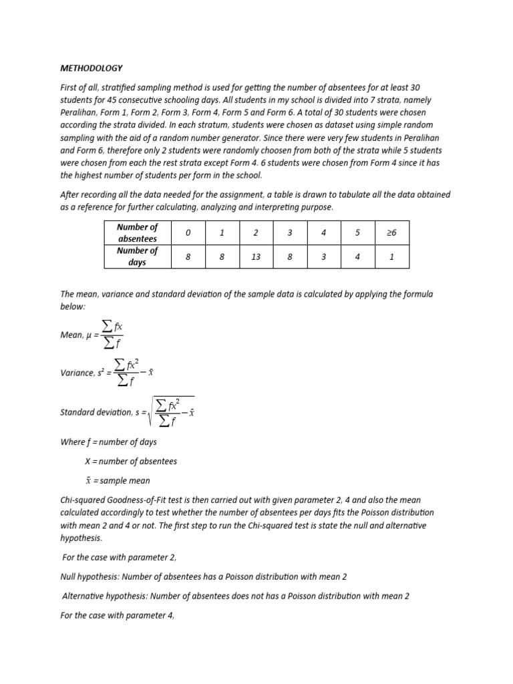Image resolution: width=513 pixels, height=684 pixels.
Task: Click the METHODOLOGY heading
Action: pyautogui.click(x=92, y=68)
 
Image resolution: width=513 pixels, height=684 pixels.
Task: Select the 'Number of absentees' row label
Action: pyautogui.click(x=137, y=232)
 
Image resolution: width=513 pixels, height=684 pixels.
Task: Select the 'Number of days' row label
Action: pyautogui.click(x=137, y=256)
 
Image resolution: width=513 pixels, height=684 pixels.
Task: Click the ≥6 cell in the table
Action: pyautogui.click(x=391, y=232)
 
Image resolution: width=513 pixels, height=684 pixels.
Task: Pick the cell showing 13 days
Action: pyautogui.click(x=255, y=256)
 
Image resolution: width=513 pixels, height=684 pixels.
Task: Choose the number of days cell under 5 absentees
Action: pyautogui.click(x=357, y=256)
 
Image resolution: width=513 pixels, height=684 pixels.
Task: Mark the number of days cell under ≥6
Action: pyautogui.click(x=391, y=256)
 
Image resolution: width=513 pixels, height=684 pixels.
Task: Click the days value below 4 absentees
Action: pyautogui.click(x=323, y=256)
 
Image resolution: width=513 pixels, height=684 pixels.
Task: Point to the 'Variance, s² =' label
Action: pyautogui.click(x=85, y=373)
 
